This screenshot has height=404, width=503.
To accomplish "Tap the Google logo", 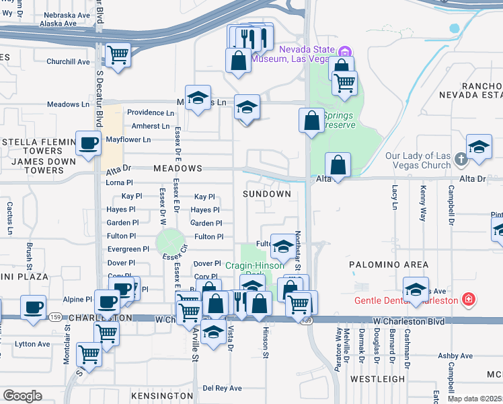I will click(x=22, y=396).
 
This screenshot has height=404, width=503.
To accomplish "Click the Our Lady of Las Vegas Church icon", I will click(x=461, y=160).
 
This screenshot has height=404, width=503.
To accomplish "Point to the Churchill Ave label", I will click(x=68, y=62).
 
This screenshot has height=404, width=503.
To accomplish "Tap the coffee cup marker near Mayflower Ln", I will click(x=88, y=143).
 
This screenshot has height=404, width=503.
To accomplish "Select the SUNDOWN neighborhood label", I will click(x=267, y=194).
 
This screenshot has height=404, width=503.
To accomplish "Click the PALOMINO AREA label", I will click(x=389, y=265).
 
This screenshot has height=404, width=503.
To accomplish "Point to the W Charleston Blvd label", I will click(x=403, y=322).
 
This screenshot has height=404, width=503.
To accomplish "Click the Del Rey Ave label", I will click(x=222, y=389).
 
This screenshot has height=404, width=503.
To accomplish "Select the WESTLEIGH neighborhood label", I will click(x=377, y=378).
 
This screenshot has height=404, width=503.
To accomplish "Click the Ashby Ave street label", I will click(x=457, y=356).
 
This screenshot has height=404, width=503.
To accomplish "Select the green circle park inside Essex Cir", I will click(x=170, y=241).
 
